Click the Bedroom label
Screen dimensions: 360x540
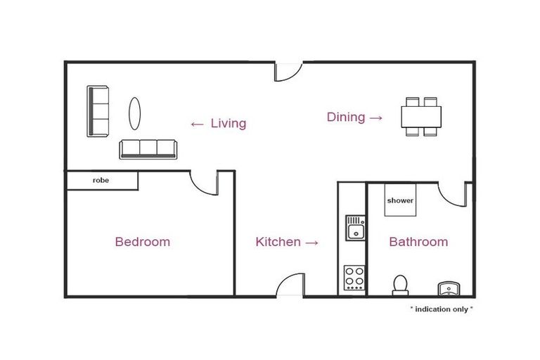click(x=142, y=242)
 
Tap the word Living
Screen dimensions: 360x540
click(x=229, y=124)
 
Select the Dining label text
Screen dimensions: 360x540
click(x=346, y=117)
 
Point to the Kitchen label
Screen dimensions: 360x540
click(x=278, y=242)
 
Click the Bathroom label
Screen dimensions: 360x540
click(x=418, y=242)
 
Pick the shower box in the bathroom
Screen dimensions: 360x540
click(x=400, y=200)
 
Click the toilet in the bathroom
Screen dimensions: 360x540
click(x=400, y=284)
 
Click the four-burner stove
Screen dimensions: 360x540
click(x=354, y=278)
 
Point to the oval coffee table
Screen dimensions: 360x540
click(x=134, y=112)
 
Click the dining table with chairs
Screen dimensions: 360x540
click(x=422, y=117)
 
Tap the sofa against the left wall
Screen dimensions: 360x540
click(x=98, y=111)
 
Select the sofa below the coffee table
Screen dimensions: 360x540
click(x=148, y=148)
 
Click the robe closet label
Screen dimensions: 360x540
click(x=101, y=181)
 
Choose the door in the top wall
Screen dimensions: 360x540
click(x=288, y=71)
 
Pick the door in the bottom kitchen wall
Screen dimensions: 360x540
click(x=290, y=285)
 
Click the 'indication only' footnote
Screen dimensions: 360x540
click(x=442, y=309)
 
